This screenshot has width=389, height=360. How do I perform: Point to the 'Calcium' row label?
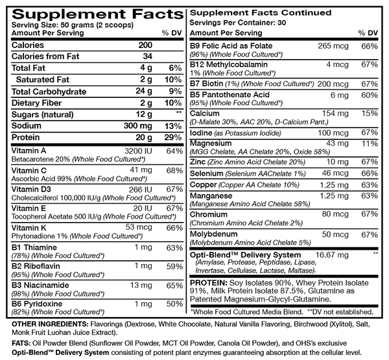pyautogui.click(x=204, y=113)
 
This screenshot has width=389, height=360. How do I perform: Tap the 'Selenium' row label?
pyautogui.click(x=207, y=174)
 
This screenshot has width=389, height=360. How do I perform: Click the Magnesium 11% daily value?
pyautogui.click(x=369, y=142)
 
